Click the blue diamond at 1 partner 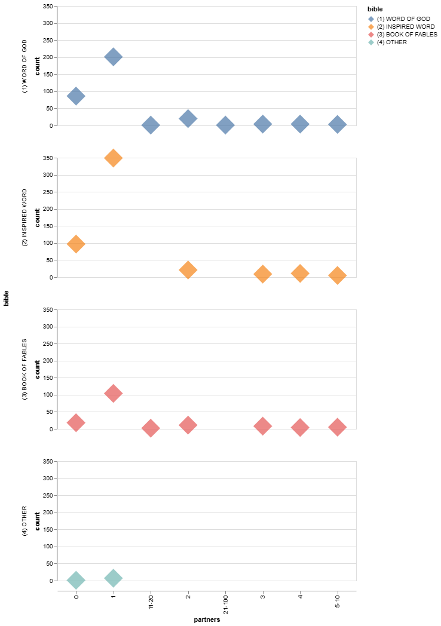113,57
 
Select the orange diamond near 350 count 113,158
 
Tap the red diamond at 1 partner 113,393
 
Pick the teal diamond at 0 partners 76,579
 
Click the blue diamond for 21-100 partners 225,125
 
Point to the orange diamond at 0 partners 76,244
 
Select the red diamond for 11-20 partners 151,428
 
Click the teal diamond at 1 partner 113,578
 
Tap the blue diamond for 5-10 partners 338,124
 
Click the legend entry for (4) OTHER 396,42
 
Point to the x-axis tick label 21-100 226,604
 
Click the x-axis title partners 207,620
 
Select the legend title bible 375,10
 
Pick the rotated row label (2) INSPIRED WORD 24,217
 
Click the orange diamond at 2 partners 188,270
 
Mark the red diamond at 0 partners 76,422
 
